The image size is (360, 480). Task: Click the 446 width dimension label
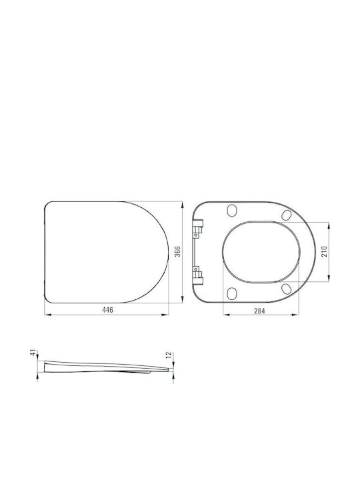coord(107,310)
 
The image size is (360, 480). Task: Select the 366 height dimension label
coord(177,251)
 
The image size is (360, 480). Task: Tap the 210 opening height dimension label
coord(325,251)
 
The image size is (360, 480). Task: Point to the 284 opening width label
coord(259,311)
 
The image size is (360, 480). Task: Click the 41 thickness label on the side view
coord(33,353)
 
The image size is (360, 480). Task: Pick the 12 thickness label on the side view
coord(168,355)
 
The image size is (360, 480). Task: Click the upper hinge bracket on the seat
coord(199,228)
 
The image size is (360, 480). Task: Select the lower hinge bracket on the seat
coord(199,275)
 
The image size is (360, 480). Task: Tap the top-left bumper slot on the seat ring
coord(232,210)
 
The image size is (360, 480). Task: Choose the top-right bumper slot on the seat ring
coord(287,215)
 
